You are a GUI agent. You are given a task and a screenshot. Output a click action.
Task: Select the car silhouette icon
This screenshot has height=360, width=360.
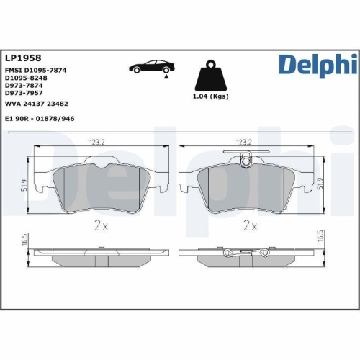148,68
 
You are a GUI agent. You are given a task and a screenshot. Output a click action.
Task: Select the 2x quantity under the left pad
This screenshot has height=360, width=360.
100,225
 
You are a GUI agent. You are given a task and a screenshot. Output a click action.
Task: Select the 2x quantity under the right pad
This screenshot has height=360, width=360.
249,225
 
